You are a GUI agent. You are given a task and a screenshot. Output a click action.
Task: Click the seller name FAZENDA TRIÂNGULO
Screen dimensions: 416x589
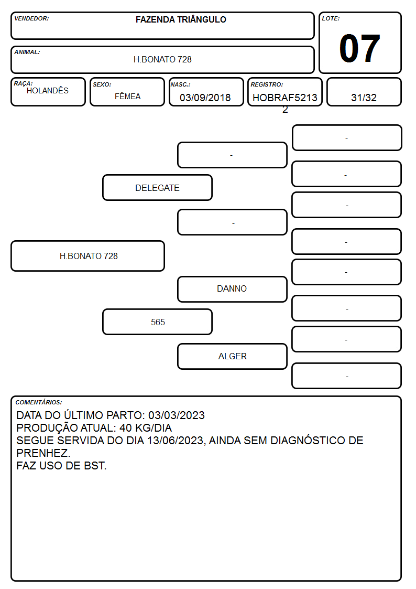[x=181, y=19]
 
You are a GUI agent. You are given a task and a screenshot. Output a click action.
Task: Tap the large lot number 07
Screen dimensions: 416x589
[x=360, y=48]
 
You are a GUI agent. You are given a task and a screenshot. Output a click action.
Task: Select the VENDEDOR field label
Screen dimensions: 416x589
[x=31, y=18]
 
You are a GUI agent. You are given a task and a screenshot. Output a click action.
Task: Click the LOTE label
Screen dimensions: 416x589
[x=331, y=18]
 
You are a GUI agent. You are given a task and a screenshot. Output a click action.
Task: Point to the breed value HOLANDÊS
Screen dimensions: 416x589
[x=48, y=91]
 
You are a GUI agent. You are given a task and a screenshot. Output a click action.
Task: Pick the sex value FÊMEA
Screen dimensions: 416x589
[x=127, y=97]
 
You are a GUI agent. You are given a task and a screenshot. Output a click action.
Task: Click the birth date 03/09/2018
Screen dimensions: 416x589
[x=205, y=98]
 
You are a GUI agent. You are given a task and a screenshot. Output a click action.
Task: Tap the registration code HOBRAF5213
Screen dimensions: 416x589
[x=285, y=98]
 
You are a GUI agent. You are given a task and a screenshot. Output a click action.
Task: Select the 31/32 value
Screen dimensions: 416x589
[x=364, y=98]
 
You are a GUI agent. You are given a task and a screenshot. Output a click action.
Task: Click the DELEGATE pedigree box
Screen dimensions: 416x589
[x=158, y=187]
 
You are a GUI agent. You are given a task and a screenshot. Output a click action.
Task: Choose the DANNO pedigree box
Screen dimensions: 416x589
[x=232, y=289]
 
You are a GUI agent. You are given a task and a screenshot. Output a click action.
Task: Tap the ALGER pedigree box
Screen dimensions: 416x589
[x=232, y=356]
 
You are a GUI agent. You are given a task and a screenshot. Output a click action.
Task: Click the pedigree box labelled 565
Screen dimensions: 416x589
[x=158, y=322]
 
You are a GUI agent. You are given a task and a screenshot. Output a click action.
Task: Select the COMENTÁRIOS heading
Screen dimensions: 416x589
[x=39, y=402]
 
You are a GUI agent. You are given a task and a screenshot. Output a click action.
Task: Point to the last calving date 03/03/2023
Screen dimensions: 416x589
[x=177, y=415]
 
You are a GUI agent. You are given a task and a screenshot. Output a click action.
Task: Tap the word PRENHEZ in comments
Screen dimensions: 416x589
[x=42, y=453]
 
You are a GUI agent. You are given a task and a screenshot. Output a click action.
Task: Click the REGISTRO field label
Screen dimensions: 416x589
[x=267, y=84]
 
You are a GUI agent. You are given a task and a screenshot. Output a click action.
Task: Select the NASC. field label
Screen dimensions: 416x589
[x=180, y=84]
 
